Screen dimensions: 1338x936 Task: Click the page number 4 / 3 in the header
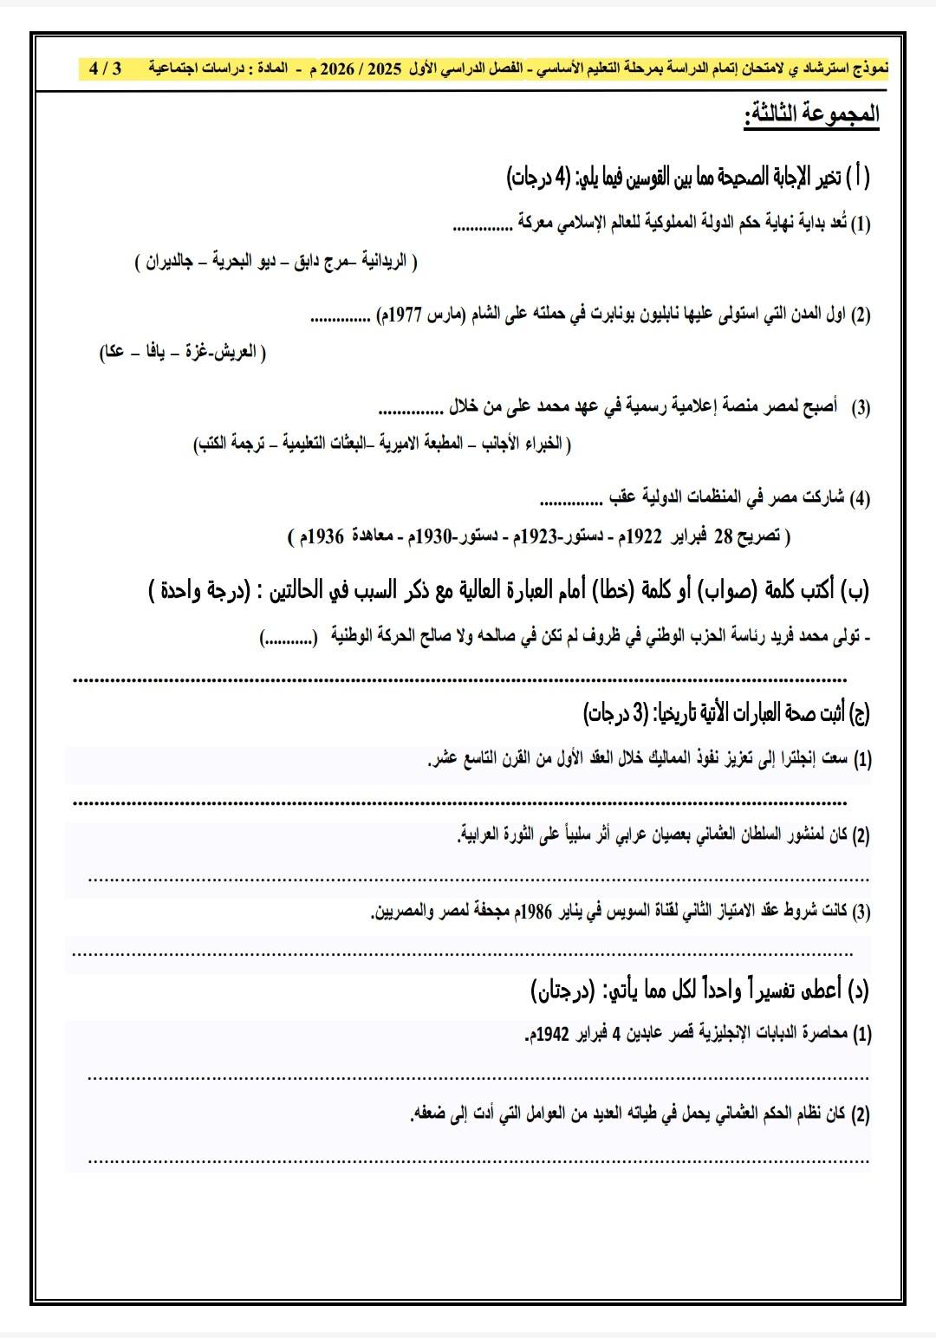pos(106,68)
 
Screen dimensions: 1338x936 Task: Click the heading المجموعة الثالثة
pos(811,115)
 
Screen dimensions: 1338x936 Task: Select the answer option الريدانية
pos(382,261)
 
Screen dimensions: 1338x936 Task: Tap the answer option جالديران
pos(170,262)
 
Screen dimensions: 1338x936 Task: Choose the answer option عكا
pos(114,353)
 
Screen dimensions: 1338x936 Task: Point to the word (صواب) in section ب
pos(725,591)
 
